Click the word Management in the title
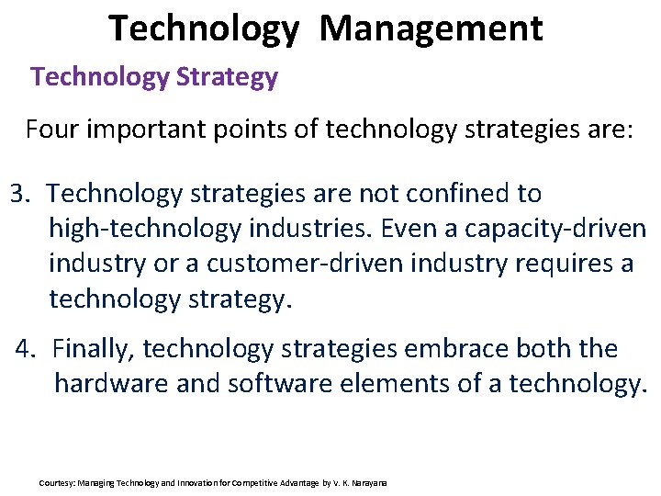pos(431,28)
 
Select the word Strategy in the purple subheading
pos(230,77)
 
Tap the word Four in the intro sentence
pos(52,129)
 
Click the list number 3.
pos(20,194)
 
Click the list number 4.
pos(26,349)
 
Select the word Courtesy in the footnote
pos(57,482)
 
